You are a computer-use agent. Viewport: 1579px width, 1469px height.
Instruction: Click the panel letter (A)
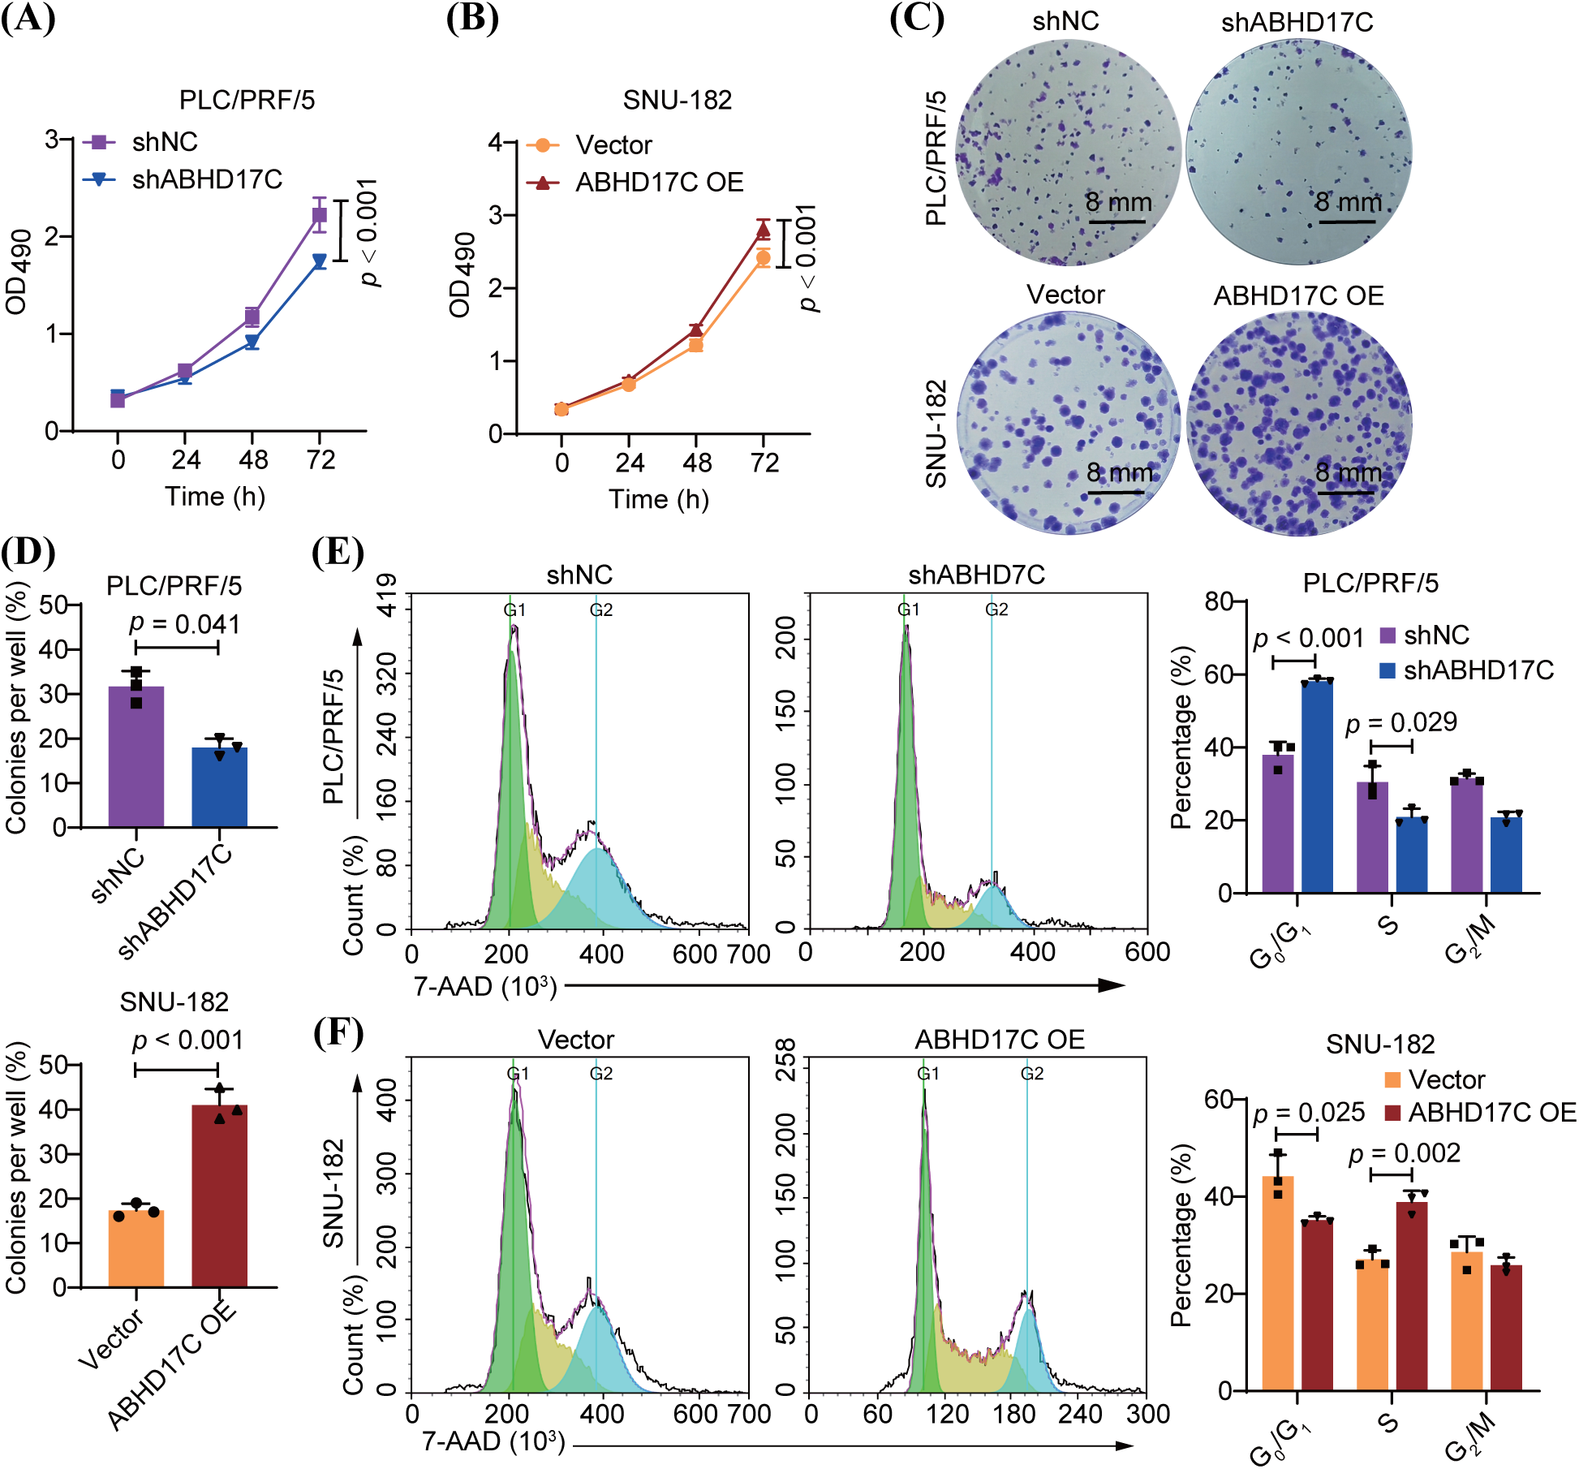coord(28,18)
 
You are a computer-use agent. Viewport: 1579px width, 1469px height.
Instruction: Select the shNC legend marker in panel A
coord(99,142)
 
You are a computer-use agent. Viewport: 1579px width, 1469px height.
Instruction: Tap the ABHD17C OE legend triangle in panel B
coord(543,182)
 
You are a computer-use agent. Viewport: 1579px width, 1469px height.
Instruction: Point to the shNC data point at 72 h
coord(320,215)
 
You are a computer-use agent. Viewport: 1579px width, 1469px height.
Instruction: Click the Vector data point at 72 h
coord(763,258)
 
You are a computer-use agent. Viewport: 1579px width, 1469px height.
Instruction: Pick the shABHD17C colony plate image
coord(1298,153)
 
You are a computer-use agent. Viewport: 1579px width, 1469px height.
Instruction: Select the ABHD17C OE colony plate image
coord(1299,424)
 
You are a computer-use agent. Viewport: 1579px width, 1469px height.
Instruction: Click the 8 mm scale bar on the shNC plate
coord(1117,220)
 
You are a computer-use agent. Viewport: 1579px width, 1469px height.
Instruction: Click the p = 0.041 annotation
coord(184,624)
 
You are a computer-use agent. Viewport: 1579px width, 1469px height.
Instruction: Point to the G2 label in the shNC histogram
coord(601,610)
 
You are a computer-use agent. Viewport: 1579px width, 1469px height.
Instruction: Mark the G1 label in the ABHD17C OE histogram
coord(928,1074)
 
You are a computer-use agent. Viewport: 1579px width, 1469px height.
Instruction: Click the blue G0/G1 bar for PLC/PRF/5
coord(1317,786)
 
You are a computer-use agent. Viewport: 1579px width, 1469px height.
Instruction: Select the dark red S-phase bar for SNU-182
coord(1412,1296)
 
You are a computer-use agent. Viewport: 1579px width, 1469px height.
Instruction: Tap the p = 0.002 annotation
coord(1404,1152)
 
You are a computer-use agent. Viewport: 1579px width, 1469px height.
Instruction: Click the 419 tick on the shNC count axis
coord(389,594)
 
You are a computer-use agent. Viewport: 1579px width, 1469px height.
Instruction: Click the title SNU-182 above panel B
coord(678,100)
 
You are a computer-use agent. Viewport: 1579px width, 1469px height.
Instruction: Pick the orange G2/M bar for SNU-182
coord(1467,1320)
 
